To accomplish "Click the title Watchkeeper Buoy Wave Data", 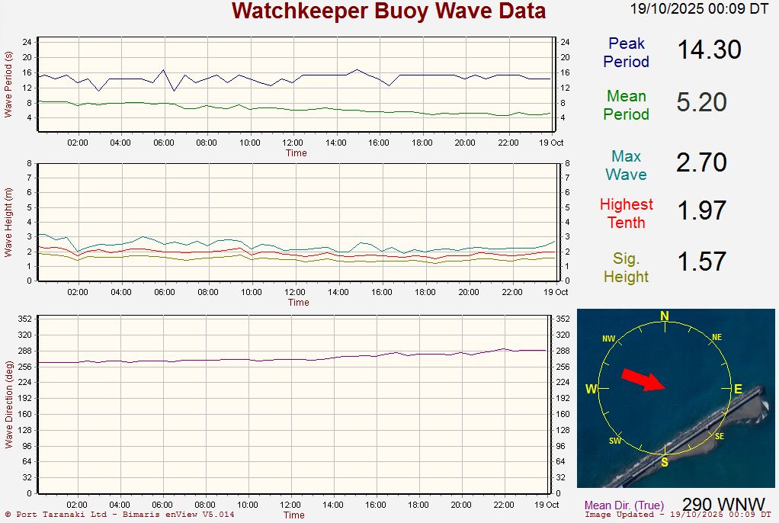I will click(x=389, y=11).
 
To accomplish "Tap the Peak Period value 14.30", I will click(x=709, y=50).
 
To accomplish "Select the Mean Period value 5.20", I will click(x=701, y=102).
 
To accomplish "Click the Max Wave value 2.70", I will click(x=701, y=162).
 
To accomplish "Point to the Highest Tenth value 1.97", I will click(x=701, y=210).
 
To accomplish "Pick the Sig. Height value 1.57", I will click(x=701, y=261).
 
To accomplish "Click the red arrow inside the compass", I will click(x=643, y=380).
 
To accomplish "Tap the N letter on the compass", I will click(x=665, y=316).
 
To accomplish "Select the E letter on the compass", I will click(x=738, y=390).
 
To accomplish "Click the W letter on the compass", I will click(x=591, y=390).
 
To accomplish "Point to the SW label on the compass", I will click(x=615, y=441).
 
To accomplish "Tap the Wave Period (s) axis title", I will click(x=8, y=84).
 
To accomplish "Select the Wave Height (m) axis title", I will click(x=8, y=221).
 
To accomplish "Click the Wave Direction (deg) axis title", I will click(x=8, y=405).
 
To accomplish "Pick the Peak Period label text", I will click(x=627, y=53).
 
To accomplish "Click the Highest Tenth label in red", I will click(x=627, y=213).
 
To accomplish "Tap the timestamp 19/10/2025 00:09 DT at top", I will click(x=699, y=9).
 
